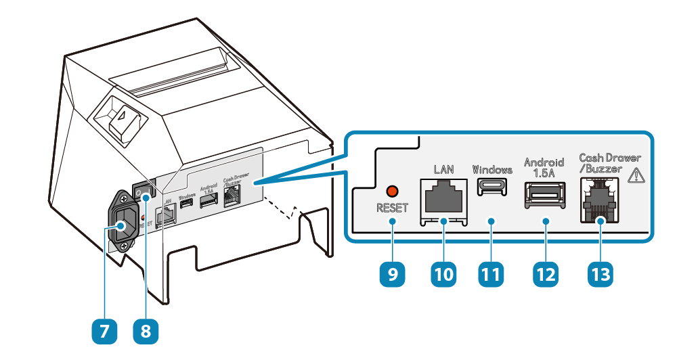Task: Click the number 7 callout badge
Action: (104, 332)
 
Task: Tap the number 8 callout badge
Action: (146, 332)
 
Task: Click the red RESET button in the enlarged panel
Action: (391, 192)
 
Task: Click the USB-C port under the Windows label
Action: (492, 189)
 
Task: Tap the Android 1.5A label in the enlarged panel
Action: (544, 167)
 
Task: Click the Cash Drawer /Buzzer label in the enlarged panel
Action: (609, 163)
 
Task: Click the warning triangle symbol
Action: (637, 176)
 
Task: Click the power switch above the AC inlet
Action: (143, 194)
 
